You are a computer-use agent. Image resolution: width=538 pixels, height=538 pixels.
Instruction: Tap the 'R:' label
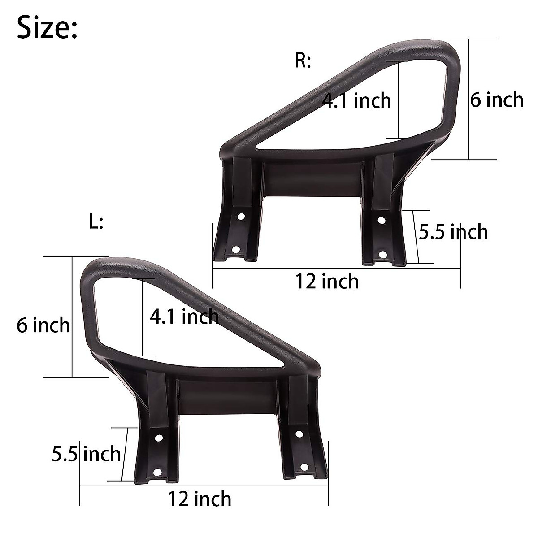tap(303, 61)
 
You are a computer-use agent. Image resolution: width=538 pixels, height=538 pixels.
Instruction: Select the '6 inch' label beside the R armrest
tap(496, 100)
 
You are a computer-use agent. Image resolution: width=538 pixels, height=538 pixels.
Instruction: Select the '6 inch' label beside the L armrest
tap(43, 325)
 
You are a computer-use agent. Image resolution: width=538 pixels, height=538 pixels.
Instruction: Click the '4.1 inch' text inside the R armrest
tap(357, 100)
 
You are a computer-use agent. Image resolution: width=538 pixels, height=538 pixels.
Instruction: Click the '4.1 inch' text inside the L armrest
tap(184, 317)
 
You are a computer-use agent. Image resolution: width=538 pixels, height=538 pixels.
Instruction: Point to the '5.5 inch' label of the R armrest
tap(453, 232)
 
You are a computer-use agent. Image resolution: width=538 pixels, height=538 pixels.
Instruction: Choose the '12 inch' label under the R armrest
tap(327, 281)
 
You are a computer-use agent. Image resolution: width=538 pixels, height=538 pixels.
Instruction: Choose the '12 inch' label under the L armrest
tap(200, 499)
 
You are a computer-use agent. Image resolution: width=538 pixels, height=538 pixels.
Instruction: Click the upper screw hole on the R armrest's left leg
tap(241, 217)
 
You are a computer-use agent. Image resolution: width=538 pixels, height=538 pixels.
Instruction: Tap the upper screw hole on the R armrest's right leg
tap(382, 220)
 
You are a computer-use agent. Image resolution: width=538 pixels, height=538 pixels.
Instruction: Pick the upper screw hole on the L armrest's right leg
tap(299, 434)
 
